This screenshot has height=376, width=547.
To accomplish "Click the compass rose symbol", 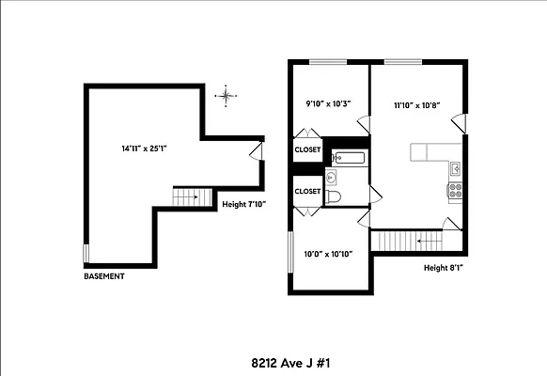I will (225, 94).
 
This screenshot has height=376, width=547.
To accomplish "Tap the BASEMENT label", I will (104, 276).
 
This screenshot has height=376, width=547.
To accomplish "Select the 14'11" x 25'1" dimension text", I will (143, 149).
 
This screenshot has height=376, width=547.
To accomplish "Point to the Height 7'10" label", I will (243, 203).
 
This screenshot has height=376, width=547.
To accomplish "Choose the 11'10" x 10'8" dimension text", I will (417, 106).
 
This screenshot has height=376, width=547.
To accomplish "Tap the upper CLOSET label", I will (307, 150).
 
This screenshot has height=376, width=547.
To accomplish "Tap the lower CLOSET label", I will (307, 191).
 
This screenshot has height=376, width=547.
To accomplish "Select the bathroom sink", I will (331, 176).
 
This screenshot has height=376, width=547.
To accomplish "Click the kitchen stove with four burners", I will (456, 188).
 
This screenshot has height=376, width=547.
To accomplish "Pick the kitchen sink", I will (455, 169).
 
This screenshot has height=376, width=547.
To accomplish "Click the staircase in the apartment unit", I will (408, 242).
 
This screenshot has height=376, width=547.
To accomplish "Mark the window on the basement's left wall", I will (86, 254).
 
